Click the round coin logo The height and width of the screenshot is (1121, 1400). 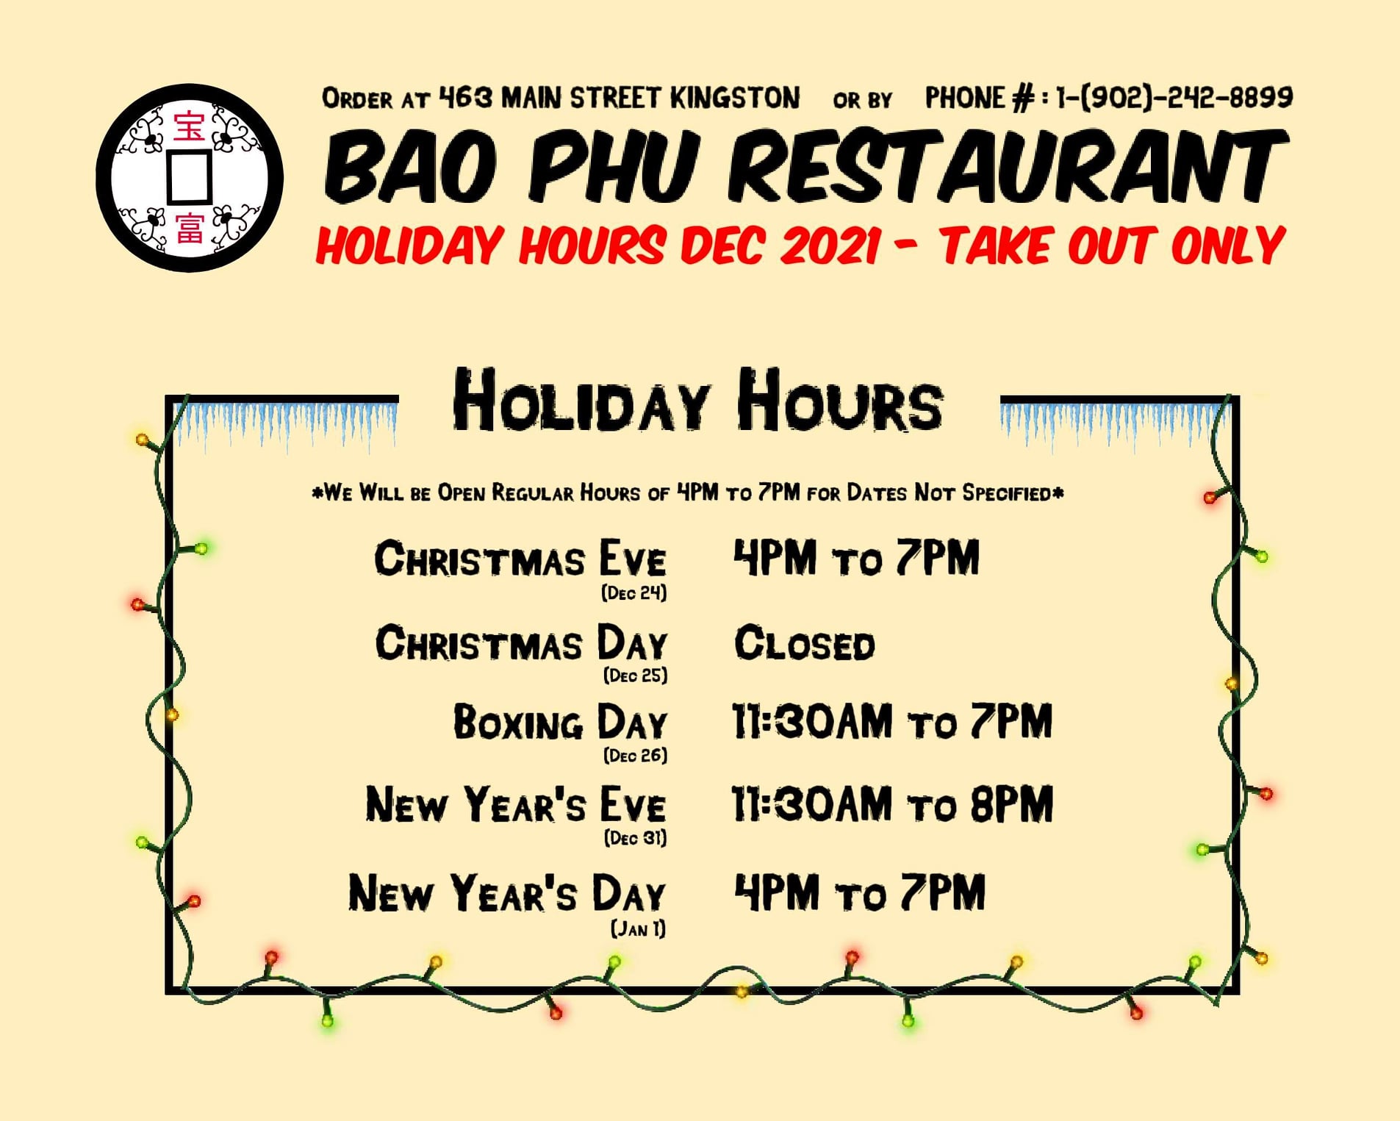[190, 178]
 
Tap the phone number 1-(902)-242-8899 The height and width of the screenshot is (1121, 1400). [1174, 98]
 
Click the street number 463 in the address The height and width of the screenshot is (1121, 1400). [465, 97]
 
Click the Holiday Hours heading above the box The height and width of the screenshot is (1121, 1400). [698, 401]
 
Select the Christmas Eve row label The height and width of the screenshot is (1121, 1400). [520, 559]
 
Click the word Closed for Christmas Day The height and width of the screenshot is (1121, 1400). [805, 644]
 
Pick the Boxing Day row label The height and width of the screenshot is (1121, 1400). [560, 722]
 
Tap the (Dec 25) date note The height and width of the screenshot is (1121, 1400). [636, 675]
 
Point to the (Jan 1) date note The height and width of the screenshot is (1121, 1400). [639, 928]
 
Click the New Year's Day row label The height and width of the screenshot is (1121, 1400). [507, 893]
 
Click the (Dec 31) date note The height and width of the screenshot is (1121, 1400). [636, 837]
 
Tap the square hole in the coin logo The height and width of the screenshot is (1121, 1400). [190, 177]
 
